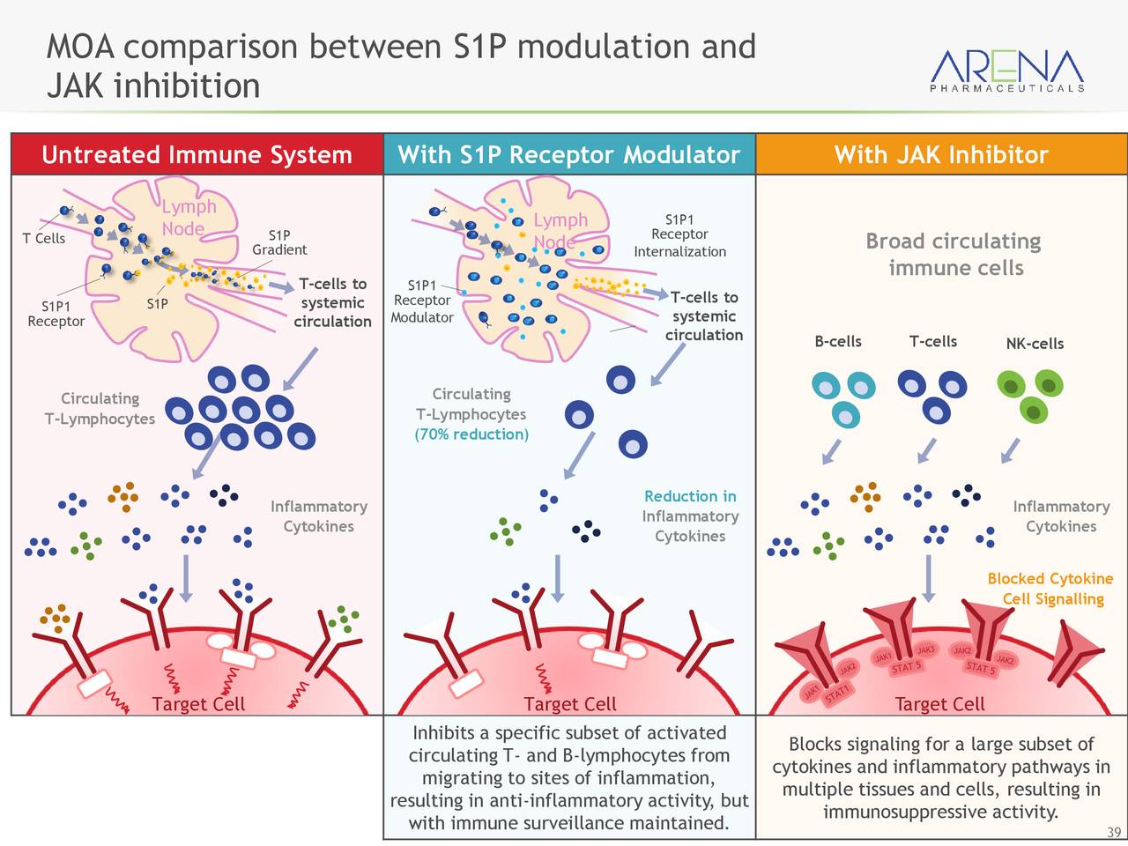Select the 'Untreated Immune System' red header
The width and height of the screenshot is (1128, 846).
pos(197,155)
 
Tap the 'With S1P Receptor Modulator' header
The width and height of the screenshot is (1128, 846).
pos(568,155)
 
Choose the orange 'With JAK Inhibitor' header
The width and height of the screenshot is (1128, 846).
pos(941,155)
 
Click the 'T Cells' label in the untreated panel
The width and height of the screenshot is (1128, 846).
pos(44,239)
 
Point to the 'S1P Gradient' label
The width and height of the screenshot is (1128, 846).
pos(279,242)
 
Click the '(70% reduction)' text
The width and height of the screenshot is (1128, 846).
pos(471,434)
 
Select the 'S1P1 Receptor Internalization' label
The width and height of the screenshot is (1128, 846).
pos(679,235)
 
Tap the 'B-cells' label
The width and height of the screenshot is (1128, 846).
pos(838,342)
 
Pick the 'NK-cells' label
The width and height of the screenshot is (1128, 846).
pos(1035,344)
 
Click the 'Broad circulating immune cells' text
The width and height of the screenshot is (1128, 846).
pos(954,254)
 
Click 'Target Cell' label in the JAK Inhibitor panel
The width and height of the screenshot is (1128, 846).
pos(939,704)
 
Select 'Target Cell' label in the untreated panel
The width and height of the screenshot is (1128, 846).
pos(198,704)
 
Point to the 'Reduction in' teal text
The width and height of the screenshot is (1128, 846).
pos(690,496)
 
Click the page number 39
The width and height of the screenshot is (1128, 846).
pos(1114,833)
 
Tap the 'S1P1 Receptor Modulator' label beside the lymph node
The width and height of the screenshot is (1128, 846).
pos(422,301)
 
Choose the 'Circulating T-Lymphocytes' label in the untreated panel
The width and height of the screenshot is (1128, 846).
pos(100,408)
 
